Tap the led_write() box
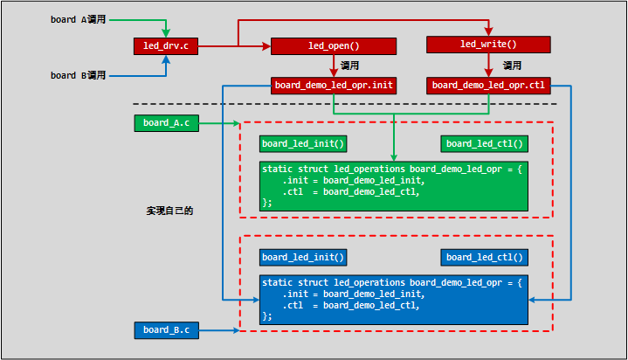point(488,44)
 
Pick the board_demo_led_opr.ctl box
point(488,86)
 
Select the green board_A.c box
point(167,123)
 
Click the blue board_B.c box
point(167,329)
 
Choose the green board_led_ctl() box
point(485,143)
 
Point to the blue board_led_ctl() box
point(485,257)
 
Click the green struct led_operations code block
point(394,185)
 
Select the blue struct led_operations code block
point(394,299)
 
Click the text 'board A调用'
point(78,19)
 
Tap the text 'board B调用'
point(78,76)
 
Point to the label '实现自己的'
point(169,211)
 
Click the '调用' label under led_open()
point(349,66)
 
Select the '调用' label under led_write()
point(513,66)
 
